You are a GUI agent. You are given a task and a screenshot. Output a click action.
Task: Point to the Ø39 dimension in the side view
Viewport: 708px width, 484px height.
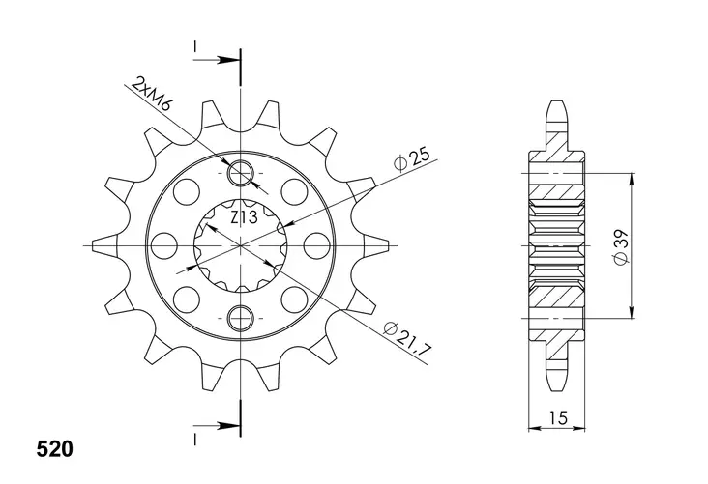[622, 246]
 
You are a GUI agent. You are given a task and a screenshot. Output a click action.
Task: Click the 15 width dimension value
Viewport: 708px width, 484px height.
[558, 417]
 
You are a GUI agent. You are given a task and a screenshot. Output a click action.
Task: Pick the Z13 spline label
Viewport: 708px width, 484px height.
[245, 217]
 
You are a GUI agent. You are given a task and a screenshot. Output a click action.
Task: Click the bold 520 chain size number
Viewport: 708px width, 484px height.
[54, 449]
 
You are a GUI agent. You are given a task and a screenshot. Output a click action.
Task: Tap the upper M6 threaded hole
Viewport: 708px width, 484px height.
[241, 173]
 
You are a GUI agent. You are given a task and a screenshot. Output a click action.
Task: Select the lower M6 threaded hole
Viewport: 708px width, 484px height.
[241, 319]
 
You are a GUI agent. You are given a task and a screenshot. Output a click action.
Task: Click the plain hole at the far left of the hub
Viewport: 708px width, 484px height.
[163, 245]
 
